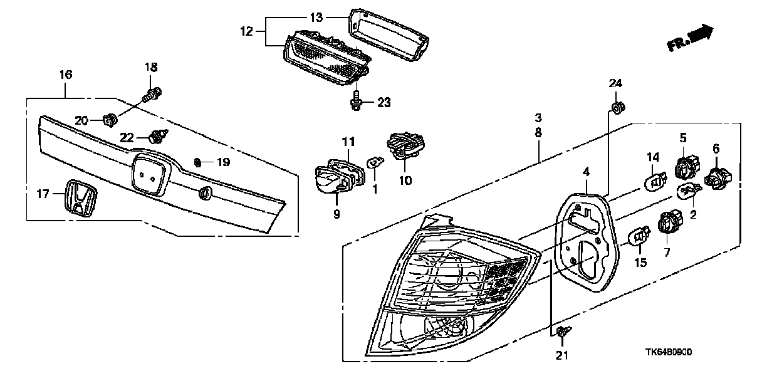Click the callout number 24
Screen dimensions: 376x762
coord(616,83)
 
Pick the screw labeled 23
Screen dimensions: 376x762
coord(356,100)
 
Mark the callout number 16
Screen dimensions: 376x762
coord(66,75)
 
